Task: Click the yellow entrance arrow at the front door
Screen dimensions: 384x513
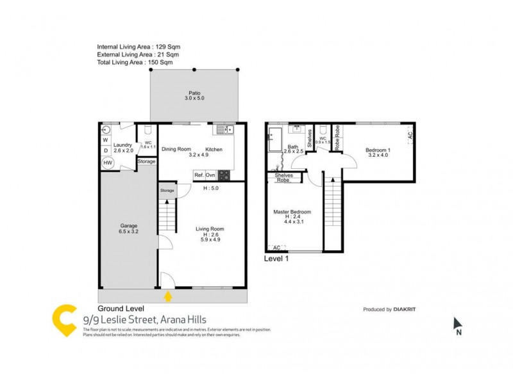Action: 169,296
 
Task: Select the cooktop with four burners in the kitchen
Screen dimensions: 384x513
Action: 224,174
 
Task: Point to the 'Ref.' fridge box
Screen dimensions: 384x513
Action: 199,174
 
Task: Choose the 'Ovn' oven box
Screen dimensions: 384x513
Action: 211,174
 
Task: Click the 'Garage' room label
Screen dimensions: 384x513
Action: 128,229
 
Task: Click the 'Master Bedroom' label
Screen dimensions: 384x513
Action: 292,212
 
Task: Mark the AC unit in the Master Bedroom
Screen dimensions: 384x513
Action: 277,248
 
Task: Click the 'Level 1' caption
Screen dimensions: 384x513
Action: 277,259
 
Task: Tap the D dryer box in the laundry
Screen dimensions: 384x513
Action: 106,151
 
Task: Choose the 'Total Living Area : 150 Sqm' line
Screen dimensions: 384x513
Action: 135,63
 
